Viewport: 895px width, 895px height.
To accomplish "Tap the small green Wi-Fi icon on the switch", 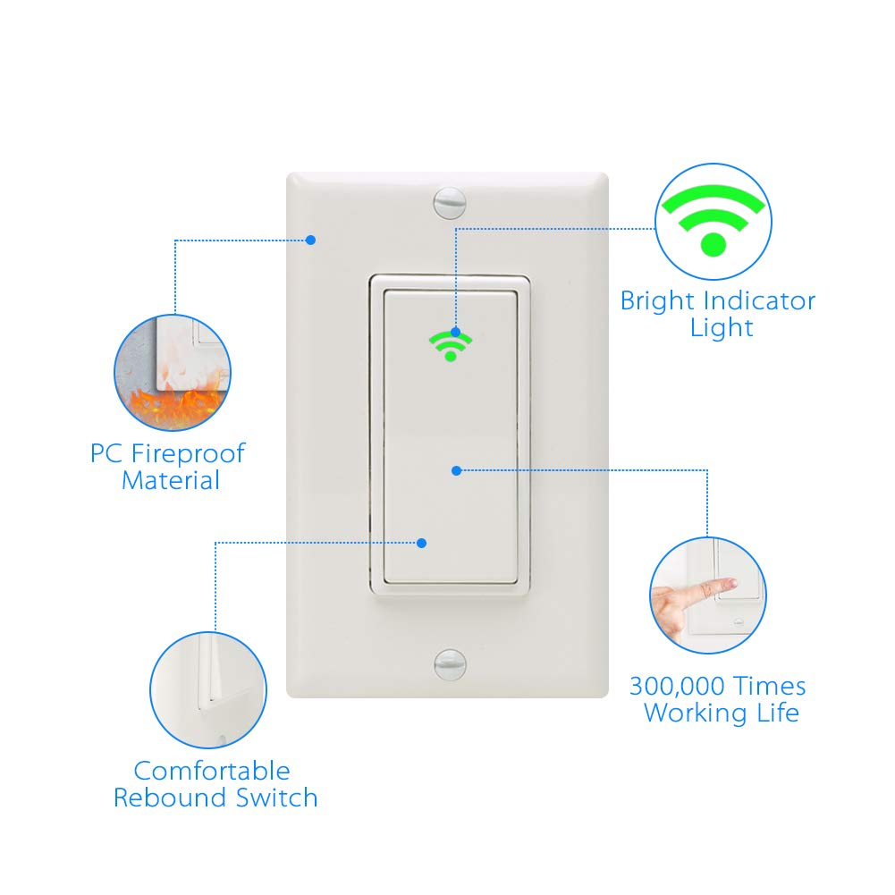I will tap(451, 345).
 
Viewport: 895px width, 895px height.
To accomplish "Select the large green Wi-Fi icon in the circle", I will tap(713, 220).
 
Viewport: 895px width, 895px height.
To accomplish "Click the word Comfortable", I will tap(212, 771).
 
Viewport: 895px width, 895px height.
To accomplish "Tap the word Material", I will tap(171, 481).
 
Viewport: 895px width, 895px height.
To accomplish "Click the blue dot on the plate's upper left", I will tap(310, 240).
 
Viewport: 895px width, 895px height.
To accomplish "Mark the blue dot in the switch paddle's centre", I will tap(456, 470).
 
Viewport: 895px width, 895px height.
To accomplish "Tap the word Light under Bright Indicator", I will tap(722, 327).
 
